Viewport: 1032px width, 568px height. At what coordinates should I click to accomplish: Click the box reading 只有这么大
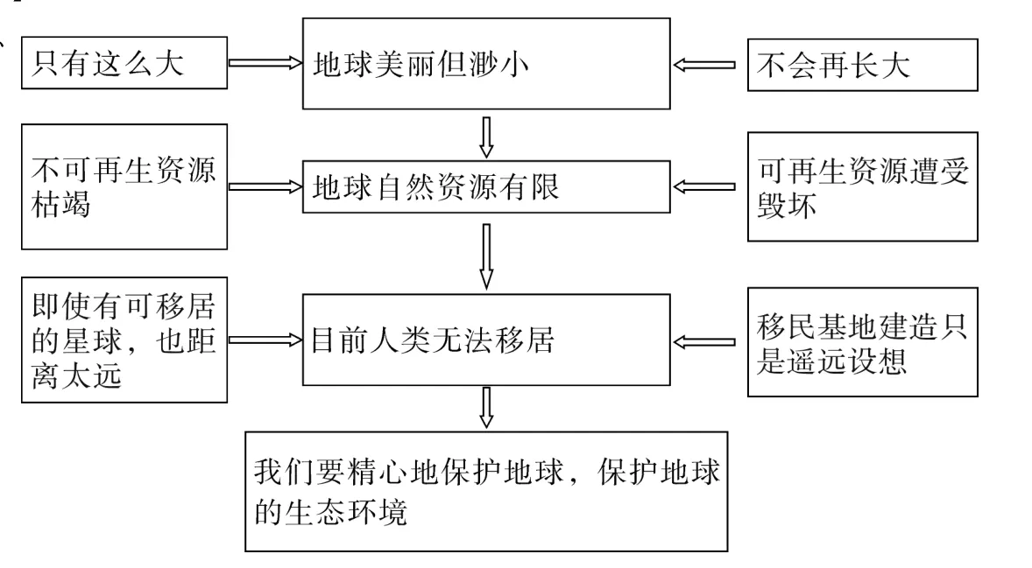[124, 64]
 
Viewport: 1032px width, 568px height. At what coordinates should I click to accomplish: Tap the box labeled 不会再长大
[862, 64]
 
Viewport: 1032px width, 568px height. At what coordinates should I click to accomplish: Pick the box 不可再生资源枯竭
[124, 186]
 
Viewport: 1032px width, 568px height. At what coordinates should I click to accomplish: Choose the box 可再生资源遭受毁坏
[862, 186]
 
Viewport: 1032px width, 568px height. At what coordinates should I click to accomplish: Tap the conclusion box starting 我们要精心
[486, 491]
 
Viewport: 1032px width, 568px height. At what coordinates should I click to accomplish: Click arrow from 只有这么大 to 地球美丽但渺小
[264, 64]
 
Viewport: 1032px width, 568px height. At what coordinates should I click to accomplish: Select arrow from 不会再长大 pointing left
[704, 64]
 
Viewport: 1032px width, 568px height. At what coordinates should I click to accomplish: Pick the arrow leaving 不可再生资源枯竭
[264, 186]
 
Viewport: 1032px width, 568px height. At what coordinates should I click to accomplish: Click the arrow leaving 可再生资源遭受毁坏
[704, 186]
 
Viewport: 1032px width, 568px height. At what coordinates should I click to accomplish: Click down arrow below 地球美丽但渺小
[487, 135]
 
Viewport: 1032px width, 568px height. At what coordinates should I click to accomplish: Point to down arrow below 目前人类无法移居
[487, 408]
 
